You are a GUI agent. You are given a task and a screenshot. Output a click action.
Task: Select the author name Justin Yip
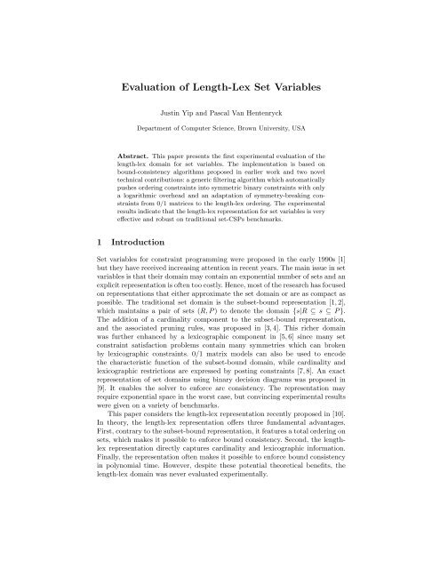coord(179,116)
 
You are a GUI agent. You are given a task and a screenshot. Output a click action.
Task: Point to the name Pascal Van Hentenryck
coord(257,116)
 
